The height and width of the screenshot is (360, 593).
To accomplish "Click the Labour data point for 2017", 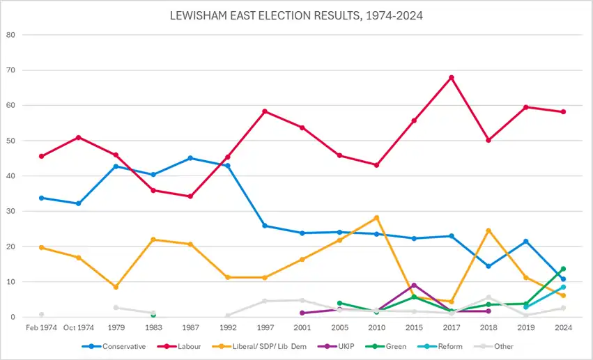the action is (x=451, y=78).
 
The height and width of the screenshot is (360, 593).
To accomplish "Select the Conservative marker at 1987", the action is (x=191, y=158).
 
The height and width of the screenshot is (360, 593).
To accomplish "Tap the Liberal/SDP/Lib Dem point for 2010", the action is (x=377, y=218).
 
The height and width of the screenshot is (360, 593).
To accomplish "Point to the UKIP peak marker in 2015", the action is (x=414, y=285).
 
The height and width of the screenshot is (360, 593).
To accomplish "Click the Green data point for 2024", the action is (x=563, y=269).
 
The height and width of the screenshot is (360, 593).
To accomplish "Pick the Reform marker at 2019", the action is (x=526, y=307).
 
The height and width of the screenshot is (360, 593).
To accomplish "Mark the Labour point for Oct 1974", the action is (x=79, y=137).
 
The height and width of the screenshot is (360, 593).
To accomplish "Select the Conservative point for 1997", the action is (x=265, y=226).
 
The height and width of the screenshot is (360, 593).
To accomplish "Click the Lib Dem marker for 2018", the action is (x=488, y=230).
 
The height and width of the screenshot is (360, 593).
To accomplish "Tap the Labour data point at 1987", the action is (x=191, y=196).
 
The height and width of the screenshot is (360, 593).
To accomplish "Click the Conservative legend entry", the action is (x=114, y=346).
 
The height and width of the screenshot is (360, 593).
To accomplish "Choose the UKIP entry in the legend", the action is (x=336, y=346).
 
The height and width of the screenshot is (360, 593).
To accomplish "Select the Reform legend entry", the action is (x=440, y=346).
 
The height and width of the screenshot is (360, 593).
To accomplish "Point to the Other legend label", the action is (x=504, y=346).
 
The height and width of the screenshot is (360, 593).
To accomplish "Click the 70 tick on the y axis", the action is (x=10, y=70).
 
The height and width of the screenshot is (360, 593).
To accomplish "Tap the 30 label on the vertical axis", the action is (x=10, y=211).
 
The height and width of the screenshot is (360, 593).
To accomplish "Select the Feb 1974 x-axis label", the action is (x=41, y=327).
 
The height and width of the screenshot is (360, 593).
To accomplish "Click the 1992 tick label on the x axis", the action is (x=228, y=327).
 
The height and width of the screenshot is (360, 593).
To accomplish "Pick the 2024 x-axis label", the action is (x=564, y=327).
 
